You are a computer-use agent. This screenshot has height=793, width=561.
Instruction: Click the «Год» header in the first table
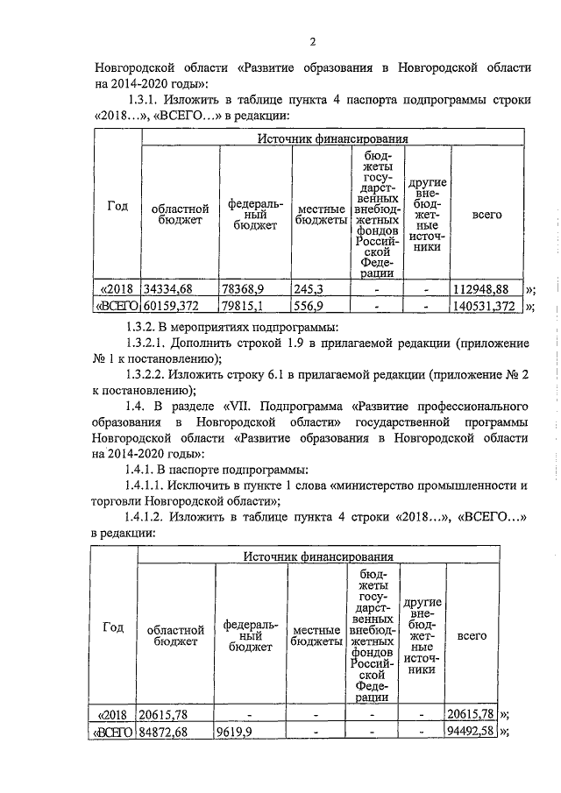point(117,207)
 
